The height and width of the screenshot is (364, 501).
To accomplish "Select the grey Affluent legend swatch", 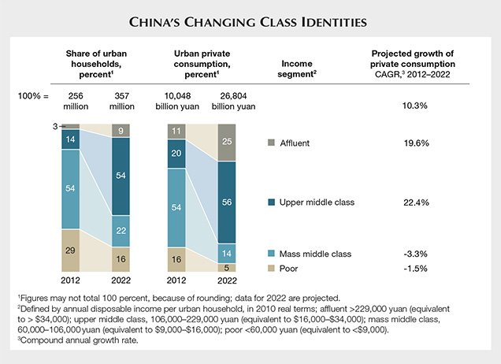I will click(273, 143).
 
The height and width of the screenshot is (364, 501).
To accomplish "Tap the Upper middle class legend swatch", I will click(273, 202).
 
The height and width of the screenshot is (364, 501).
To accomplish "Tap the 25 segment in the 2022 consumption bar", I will click(225, 142).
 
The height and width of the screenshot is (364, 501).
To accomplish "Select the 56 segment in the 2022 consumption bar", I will click(225, 202).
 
